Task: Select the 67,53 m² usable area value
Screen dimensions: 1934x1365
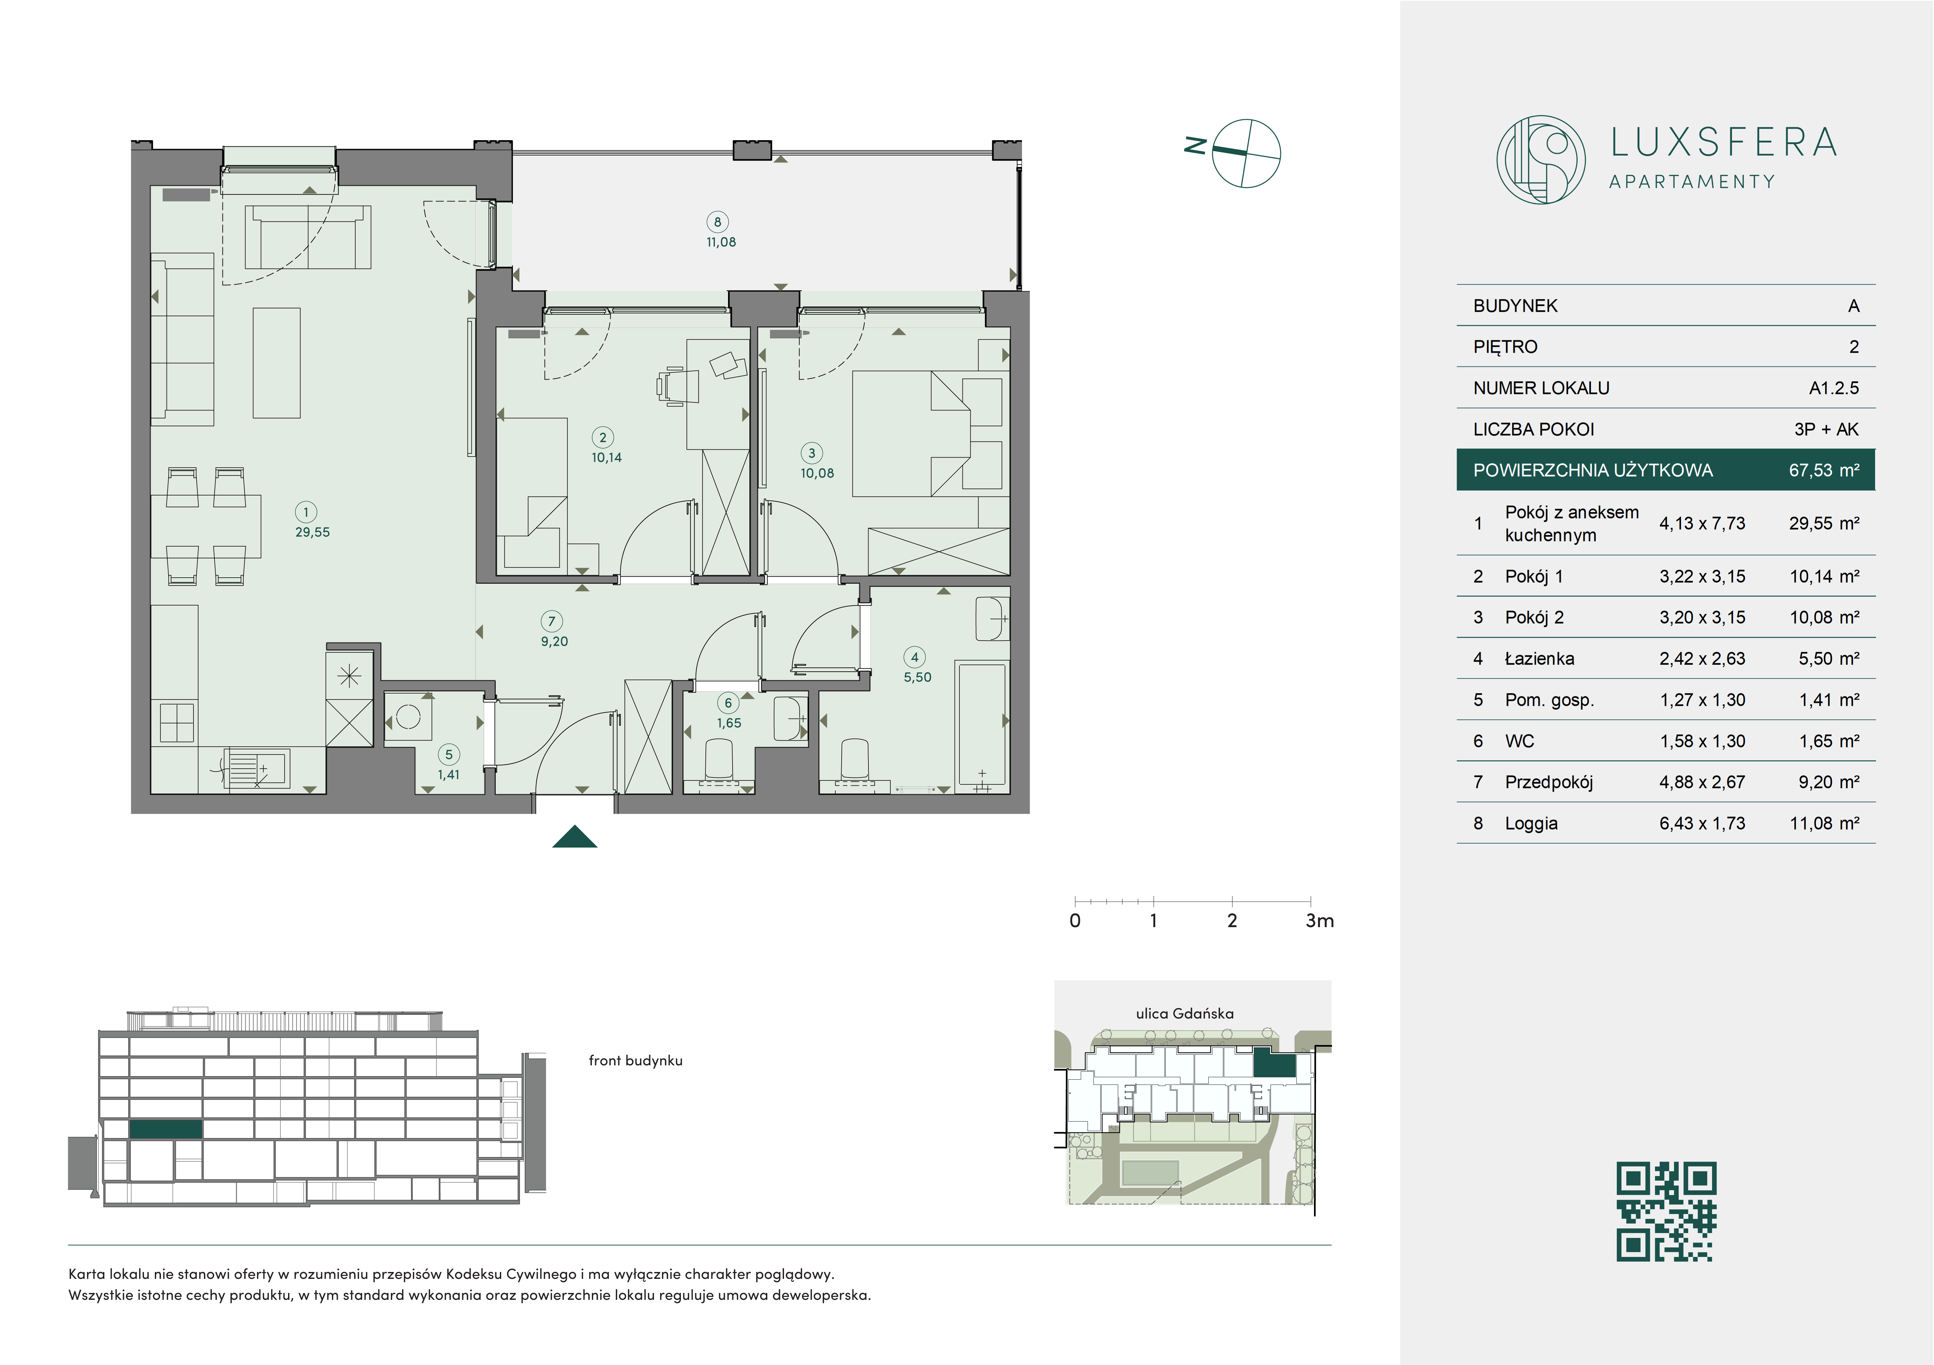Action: point(1824,470)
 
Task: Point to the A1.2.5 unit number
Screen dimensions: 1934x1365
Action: point(1834,388)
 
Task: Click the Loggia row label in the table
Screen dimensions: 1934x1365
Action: point(1531,823)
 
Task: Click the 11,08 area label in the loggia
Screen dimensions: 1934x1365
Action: point(721,242)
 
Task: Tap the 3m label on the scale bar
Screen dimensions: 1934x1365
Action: point(1319,921)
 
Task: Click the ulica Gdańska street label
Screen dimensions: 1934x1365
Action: point(1184,1014)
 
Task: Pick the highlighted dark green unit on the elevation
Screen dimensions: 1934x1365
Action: point(166,1129)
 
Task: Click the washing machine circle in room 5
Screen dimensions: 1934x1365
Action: point(409,717)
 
